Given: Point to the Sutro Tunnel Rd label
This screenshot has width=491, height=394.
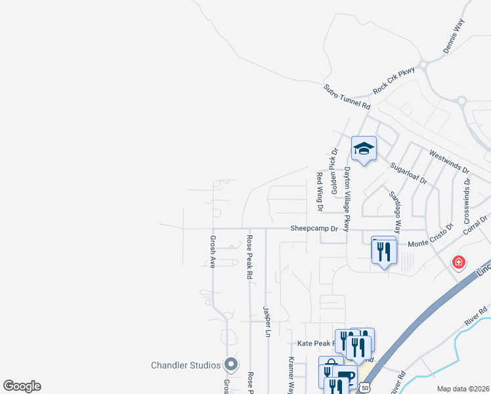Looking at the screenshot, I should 347,97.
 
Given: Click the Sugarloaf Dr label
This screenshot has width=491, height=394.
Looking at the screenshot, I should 408,173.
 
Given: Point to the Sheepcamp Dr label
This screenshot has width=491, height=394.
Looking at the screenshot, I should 314,229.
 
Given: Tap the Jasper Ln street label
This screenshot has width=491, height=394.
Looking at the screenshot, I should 267,321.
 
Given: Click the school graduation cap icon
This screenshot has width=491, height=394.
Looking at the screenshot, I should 363,149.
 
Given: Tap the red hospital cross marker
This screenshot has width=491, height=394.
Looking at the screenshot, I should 458,263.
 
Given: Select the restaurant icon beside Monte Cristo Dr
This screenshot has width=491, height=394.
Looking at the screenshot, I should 384,250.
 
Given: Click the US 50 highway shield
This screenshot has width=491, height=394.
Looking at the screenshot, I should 366,389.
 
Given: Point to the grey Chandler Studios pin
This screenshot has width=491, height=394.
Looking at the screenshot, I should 230,363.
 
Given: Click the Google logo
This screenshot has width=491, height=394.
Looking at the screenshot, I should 22,386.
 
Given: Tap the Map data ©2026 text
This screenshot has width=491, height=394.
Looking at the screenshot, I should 463,389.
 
